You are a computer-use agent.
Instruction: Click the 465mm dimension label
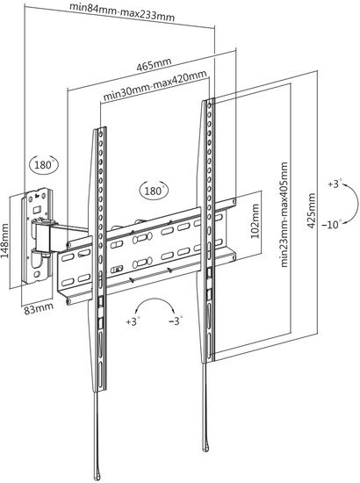(154, 64)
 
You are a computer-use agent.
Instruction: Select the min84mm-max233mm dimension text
(122, 11)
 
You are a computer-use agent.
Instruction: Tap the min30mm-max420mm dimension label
(155, 85)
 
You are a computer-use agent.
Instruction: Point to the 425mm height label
(312, 211)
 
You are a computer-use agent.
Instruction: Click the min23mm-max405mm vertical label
(284, 214)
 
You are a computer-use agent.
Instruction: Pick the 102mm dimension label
(256, 220)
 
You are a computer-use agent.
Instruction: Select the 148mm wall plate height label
(5, 241)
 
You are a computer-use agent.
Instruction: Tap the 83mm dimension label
(39, 308)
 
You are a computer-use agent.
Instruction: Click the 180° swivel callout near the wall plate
(43, 164)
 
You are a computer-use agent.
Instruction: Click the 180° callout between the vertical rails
(154, 190)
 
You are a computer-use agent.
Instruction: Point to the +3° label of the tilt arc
(333, 184)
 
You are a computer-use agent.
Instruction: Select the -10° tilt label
(332, 224)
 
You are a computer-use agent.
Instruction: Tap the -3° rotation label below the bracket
(176, 321)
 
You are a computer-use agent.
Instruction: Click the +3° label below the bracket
(133, 321)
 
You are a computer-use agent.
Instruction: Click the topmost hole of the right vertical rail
(210, 105)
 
